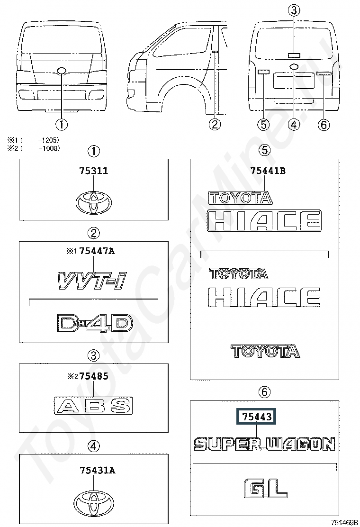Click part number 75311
click(94, 171)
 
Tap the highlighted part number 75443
click(257, 417)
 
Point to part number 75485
click(94, 376)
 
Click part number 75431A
click(98, 471)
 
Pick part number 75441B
click(268, 171)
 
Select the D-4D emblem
click(95, 323)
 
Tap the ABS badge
click(93, 405)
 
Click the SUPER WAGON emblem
click(265, 444)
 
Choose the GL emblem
click(265, 488)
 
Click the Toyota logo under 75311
click(94, 202)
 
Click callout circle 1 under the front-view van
click(62, 124)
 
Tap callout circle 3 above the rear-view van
click(294, 11)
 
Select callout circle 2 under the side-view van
click(215, 124)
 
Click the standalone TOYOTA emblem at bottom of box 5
click(265, 351)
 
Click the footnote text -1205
click(48, 140)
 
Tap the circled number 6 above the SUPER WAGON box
click(265, 392)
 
